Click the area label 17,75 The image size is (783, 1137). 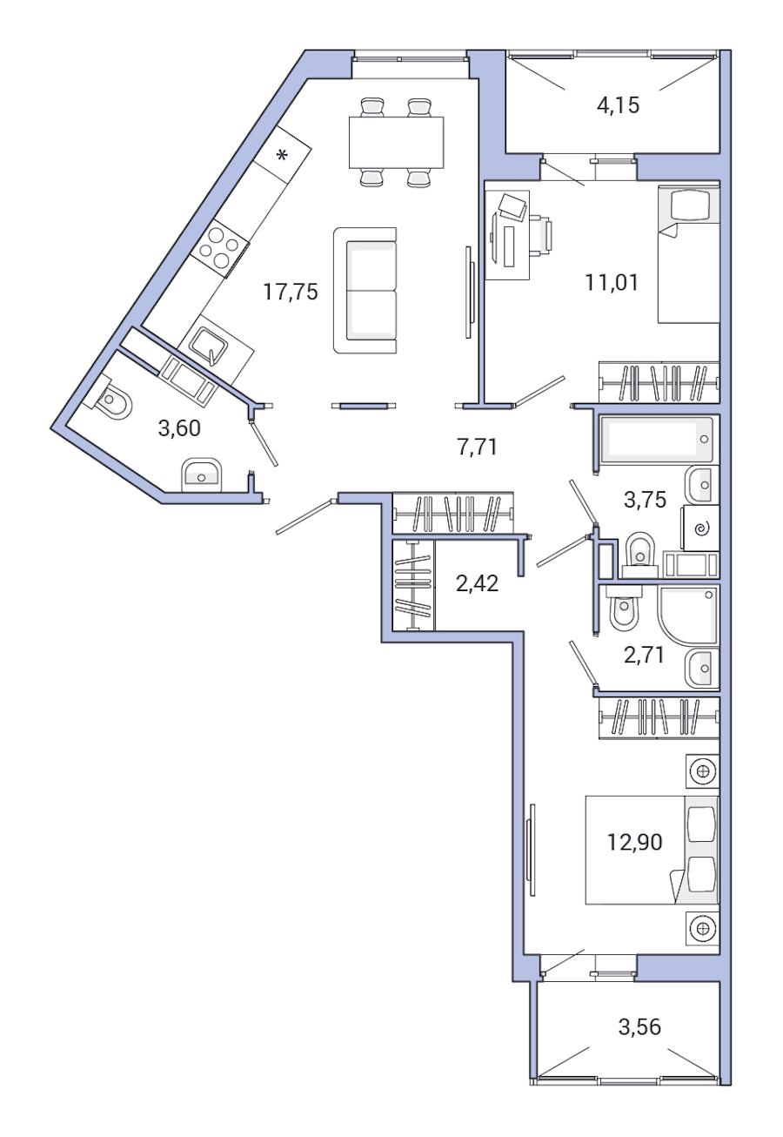coord(291,292)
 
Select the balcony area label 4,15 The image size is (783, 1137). coord(618,106)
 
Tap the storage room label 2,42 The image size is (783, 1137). coord(477,583)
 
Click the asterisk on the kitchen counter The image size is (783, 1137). coord(282,157)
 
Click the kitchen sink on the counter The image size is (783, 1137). coord(210,346)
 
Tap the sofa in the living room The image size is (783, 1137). coord(365,291)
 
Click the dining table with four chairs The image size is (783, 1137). coord(396,142)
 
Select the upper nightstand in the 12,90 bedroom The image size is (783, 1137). coord(702,770)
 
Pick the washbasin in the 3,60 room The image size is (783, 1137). coord(202,475)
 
